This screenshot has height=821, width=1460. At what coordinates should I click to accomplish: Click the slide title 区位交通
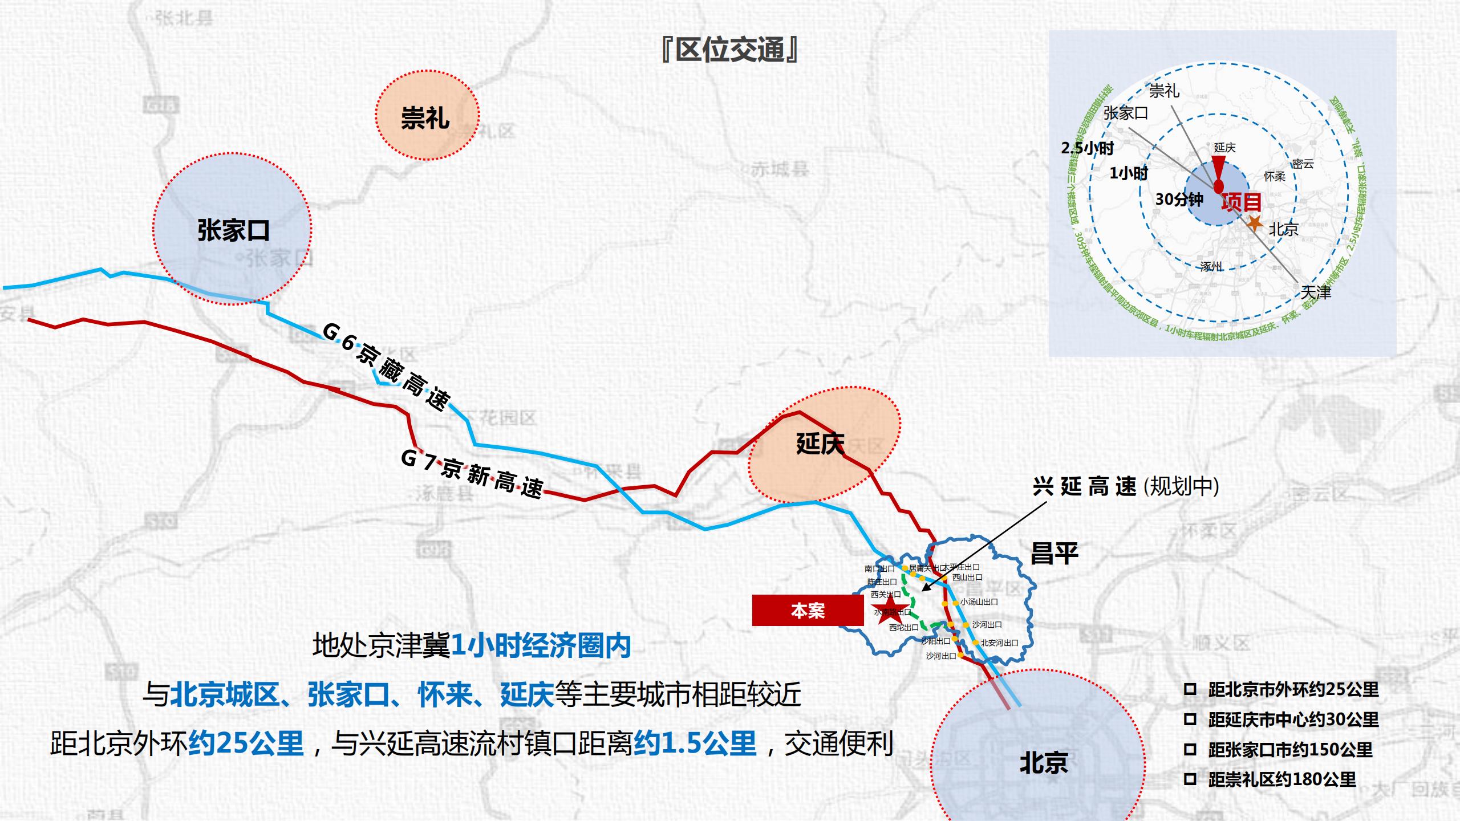(x=729, y=50)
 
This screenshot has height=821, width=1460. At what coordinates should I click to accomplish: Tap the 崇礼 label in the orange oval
(x=425, y=118)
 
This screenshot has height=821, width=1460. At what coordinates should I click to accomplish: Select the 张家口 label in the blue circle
(x=233, y=230)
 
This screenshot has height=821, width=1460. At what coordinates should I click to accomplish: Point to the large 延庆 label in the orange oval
(x=820, y=444)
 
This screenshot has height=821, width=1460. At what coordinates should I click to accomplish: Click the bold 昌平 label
(x=1055, y=554)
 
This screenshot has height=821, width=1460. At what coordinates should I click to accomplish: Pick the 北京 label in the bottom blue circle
(x=1044, y=763)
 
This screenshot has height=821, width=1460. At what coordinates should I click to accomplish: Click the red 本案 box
(x=808, y=611)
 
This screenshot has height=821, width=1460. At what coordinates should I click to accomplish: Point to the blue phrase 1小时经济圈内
(x=541, y=646)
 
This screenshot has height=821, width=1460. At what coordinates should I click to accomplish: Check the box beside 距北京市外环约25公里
(x=1190, y=689)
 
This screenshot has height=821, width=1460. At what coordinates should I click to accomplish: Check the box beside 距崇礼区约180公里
(x=1190, y=779)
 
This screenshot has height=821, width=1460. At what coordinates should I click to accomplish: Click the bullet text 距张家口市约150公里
(x=1290, y=749)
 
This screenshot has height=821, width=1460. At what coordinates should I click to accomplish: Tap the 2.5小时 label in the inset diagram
(x=1087, y=148)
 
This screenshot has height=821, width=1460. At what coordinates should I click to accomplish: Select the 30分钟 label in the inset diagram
(x=1179, y=200)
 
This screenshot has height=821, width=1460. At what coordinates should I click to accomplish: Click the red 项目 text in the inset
(x=1241, y=202)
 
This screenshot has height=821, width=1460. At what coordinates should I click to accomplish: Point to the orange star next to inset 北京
(x=1255, y=223)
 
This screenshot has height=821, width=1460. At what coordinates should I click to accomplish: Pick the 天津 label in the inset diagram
(x=1316, y=292)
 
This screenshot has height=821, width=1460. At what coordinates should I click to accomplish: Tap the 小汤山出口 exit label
(x=979, y=601)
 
